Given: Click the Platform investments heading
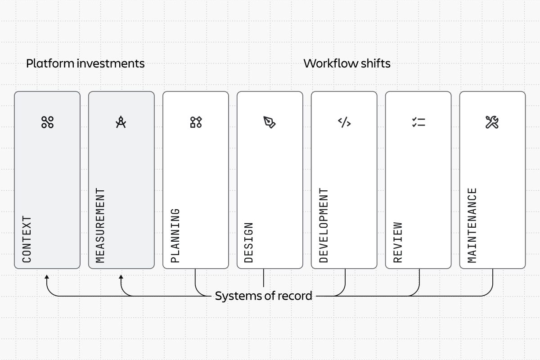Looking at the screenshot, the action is pyautogui.click(x=85, y=63).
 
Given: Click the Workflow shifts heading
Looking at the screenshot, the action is pyautogui.click(x=347, y=63).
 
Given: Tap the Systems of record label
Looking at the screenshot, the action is pyautogui.click(x=264, y=296).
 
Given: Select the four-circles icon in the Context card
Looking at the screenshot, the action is pyautogui.click(x=47, y=122).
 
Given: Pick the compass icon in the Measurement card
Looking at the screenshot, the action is pyautogui.click(x=121, y=122).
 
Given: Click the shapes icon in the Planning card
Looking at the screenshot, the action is pyautogui.click(x=196, y=122).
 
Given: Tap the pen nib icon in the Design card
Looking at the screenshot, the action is pyautogui.click(x=270, y=122).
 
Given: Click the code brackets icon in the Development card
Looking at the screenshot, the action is pyautogui.click(x=344, y=122).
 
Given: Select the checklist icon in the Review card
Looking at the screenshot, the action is pyautogui.click(x=418, y=122).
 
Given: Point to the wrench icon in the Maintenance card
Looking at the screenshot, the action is pyautogui.click(x=492, y=122).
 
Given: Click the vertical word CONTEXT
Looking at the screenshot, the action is pyautogui.click(x=27, y=239).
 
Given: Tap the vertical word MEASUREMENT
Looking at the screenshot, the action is pyautogui.click(x=100, y=225).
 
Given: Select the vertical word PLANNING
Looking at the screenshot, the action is pyautogui.click(x=175, y=236).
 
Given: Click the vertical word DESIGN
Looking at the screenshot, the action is pyautogui.click(x=248, y=243).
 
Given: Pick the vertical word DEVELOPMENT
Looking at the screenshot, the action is pyautogui.click(x=324, y=225).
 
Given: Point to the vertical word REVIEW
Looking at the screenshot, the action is pyautogui.click(x=398, y=243).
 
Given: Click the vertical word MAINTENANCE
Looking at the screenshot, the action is pyautogui.click(x=472, y=225).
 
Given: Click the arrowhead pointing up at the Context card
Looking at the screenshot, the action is pyautogui.click(x=47, y=277).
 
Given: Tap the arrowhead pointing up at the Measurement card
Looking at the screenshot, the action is pyautogui.click(x=121, y=277).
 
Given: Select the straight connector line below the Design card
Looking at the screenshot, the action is pyautogui.click(x=264, y=278).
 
